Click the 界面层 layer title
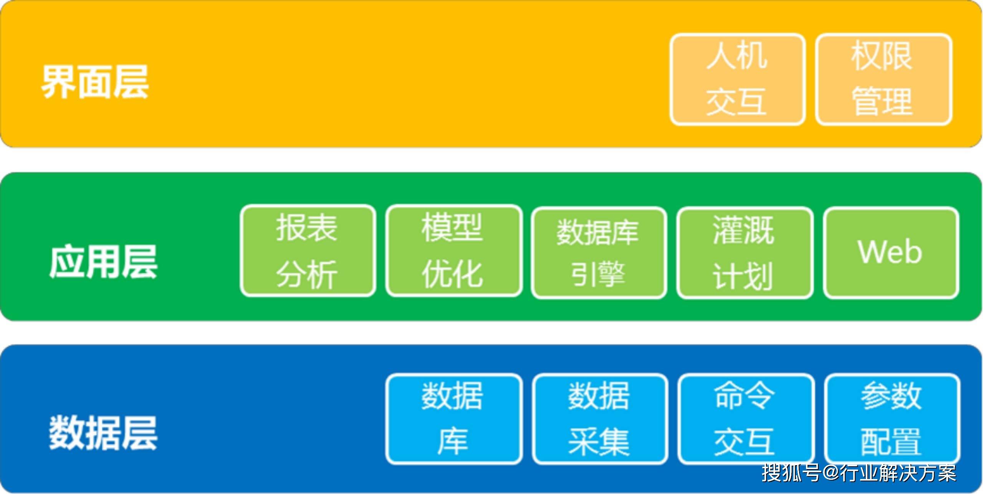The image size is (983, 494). pos(95,82)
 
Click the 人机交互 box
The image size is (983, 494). pos(738,79)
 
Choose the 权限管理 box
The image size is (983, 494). pos(884,79)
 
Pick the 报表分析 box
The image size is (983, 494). pos(308,251)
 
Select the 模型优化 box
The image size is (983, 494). pos(454,251)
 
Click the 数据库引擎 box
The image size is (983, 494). pos(599,253)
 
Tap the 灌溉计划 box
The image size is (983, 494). pos(745,253)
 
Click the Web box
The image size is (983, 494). pos(891,253)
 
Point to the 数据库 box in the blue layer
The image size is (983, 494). pos(454,419)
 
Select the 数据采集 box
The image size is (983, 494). pos(600,419)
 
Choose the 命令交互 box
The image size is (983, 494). pos(746,419)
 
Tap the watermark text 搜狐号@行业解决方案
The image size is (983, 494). pos(859,473)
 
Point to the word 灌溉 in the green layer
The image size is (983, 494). pos(744,230)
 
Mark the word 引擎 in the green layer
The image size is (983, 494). pos(598,274)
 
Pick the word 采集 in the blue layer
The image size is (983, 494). pos(599,441)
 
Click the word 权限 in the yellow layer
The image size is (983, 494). pos(882,56)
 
